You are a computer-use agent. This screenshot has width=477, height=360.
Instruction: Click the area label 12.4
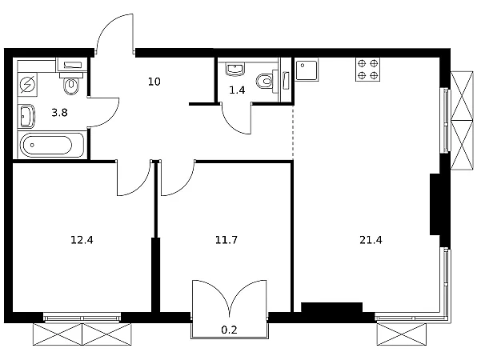pos(82,240)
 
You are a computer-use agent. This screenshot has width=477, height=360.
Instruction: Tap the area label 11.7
pos(226,240)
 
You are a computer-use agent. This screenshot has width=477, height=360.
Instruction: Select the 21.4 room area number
pos(371,240)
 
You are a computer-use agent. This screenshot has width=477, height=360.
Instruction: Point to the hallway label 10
pos(154,82)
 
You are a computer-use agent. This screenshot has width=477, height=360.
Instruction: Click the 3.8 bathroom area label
pos(59,113)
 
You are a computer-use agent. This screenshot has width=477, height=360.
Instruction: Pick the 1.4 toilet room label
pos(237,90)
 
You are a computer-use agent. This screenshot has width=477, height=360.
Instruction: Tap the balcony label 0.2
pos(229,330)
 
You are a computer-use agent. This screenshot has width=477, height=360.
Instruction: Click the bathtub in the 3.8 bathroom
pos(50,146)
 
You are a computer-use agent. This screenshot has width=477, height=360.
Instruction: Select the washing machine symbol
pos(27,84)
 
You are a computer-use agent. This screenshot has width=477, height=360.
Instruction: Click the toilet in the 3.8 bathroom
pos(71,82)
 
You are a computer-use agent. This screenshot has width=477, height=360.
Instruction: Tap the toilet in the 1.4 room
pos(267,81)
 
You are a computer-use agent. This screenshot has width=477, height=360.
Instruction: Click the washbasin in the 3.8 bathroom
pos(26,116)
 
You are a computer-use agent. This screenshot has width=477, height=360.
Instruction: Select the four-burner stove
pos(368,70)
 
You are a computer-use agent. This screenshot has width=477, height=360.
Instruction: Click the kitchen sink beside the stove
pos(307,70)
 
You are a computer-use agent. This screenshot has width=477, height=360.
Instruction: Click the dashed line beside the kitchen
pos(293,132)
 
